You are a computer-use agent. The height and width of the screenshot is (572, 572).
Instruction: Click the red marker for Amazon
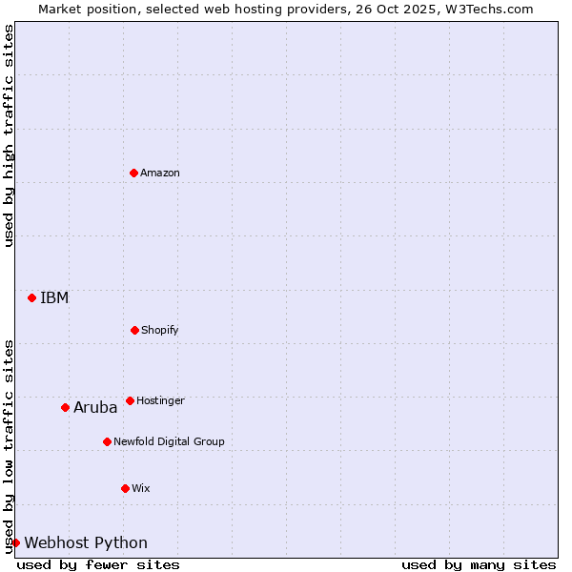pyautogui.click(x=134, y=173)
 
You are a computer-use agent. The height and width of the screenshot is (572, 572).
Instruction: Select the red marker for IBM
pyautogui.click(x=31, y=297)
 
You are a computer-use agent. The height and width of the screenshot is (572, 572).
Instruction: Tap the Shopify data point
pyautogui.click(x=134, y=330)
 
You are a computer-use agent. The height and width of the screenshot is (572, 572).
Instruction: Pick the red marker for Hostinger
pyautogui.click(x=130, y=400)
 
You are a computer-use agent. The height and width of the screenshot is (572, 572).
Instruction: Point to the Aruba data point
pyautogui.click(x=65, y=407)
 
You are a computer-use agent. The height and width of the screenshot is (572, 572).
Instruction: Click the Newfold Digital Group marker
pyautogui.click(x=107, y=441)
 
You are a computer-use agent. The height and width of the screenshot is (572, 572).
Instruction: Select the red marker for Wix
pyautogui.click(x=125, y=488)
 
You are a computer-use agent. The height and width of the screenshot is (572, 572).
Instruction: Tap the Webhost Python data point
pyautogui.click(x=15, y=542)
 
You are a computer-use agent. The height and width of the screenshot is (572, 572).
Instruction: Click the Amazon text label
pyautogui.click(x=160, y=173)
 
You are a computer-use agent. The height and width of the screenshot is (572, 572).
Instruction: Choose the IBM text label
pyautogui.click(x=54, y=297)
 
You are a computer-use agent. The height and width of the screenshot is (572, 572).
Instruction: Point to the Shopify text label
pyautogui.click(x=160, y=330)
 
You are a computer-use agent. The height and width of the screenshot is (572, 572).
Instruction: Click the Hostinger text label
pyautogui.click(x=160, y=400)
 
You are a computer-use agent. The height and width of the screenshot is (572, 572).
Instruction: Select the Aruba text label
pyautogui.click(x=95, y=407)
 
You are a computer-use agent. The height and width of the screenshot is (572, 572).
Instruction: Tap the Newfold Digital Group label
pyautogui.click(x=169, y=441)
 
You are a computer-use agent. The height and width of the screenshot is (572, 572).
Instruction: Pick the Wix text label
pyautogui.click(x=141, y=488)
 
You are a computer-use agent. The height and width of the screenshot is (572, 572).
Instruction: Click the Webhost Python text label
pyautogui.click(x=86, y=542)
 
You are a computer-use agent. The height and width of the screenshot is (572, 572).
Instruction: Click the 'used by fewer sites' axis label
pyautogui.click(x=98, y=564)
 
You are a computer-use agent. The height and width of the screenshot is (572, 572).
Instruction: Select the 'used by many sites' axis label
pyautogui.click(x=479, y=564)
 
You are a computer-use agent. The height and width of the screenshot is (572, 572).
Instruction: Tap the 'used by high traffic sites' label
pyautogui.click(x=9, y=135)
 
